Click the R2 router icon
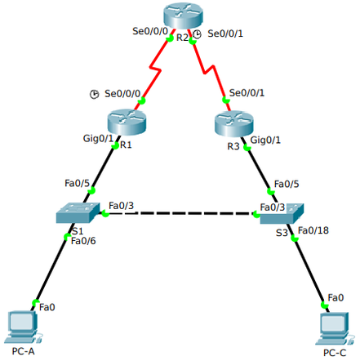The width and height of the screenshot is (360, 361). (x=180, y=17)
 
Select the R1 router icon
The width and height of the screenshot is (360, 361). (x=126, y=123)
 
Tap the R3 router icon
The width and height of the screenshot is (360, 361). (x=234, y=123)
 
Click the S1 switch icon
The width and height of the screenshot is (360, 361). (x=77, y=214)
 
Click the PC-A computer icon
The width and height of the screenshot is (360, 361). (x=20, y=327)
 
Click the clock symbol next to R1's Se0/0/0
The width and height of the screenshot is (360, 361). (x=95, y=95)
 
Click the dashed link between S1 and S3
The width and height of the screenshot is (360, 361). (x=180, y=214)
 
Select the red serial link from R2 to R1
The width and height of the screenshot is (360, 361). (x=156, y=74)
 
